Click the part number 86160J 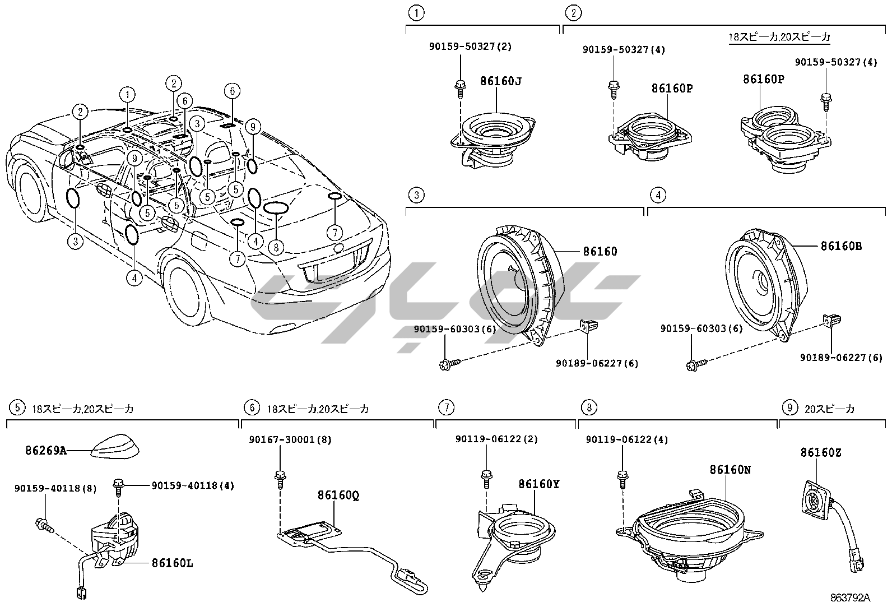(x=500, y=81)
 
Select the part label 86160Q (x=338, y=495)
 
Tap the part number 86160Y (x=538, y=484)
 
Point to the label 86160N (x=730, y=470)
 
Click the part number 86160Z (x=820, y=452)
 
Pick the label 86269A (x=45, y=450)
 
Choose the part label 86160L (x=172, y=563)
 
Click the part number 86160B (x=841, y=246)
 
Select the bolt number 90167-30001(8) (x=290, y=440)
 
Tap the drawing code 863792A (x=850, y=598)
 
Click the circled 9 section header (x=789, y=408)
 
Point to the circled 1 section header (x=416, y=12)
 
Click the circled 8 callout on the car (x=276, y=246)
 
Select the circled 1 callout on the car (x=128, y=94)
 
